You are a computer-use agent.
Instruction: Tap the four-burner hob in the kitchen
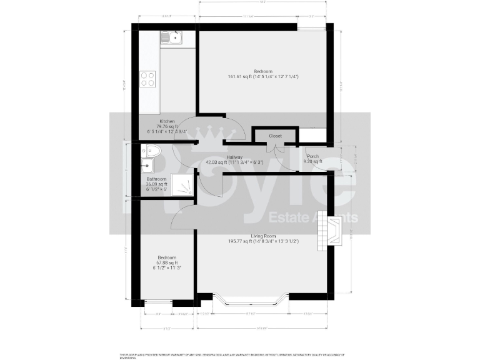coord(148,79)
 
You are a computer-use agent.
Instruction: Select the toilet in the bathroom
coord(152,151)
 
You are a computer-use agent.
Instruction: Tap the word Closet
coord(275,136)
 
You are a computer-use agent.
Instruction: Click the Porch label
coord(312,156)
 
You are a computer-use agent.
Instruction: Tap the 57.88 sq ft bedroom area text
coord(166,263)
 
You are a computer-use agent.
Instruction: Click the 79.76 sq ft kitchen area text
coord(167,126)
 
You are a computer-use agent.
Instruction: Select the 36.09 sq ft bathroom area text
coord(157,184)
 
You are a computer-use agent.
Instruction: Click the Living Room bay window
coord(250,302)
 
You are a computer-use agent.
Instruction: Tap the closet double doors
coord(275,148)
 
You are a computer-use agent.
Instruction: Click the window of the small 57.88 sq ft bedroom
coord(158,302)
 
